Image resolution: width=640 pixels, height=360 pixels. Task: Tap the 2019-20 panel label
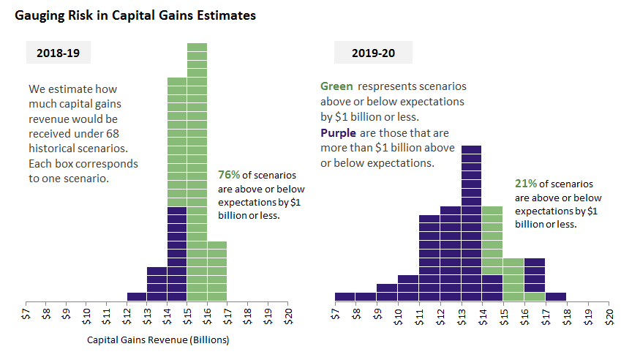(373, 53)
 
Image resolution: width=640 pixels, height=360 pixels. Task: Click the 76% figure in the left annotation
(228, 175)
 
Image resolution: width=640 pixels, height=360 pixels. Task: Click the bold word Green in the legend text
(336, 86)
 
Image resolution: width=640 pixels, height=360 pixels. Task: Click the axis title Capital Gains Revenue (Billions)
(157, 340)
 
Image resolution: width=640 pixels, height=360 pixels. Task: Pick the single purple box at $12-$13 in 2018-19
(137, 296)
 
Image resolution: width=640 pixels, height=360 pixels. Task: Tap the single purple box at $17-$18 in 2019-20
(556, 296)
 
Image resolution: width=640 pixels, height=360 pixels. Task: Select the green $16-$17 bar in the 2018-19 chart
(217, 271)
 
